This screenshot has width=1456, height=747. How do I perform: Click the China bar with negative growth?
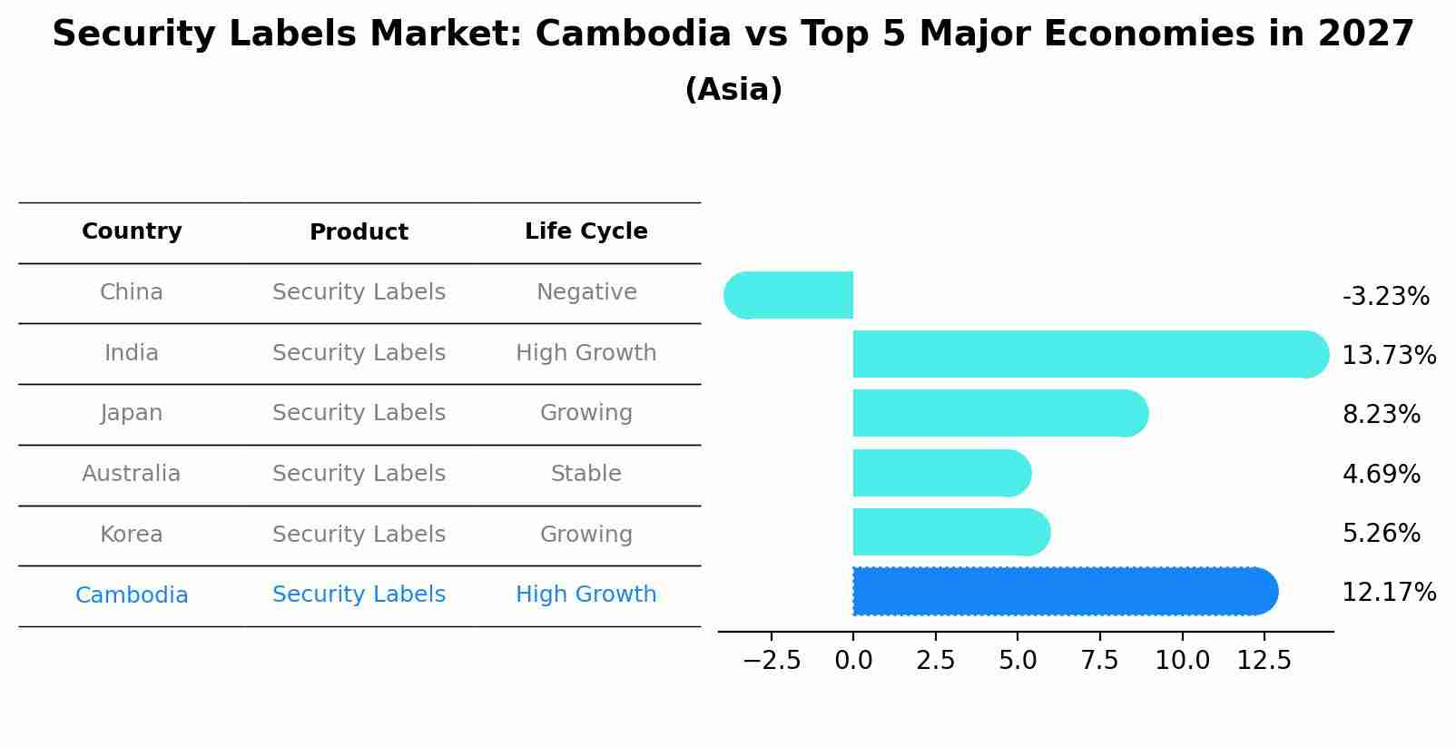click(789, 295)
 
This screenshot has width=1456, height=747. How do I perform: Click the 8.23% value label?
click(1381, 415)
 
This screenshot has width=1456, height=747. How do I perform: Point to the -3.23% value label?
click(1385, 297)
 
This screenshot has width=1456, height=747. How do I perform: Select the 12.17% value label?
click(1389, 593)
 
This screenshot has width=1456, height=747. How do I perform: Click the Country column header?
click(132, 231)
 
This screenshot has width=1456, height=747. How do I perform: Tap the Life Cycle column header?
click(585, 231)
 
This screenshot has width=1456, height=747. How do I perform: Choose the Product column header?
click(359, 232)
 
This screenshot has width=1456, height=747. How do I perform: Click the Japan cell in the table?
click(132, 413)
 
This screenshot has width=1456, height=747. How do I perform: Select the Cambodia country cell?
click(132, 595)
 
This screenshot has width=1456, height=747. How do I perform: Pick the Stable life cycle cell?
click(585, 474)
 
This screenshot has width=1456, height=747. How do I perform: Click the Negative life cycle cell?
click(585, 292)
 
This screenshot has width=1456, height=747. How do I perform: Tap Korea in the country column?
click(132, 535)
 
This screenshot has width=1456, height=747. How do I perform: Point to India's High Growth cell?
click(585, 353)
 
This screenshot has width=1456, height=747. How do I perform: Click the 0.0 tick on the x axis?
click(853, 661)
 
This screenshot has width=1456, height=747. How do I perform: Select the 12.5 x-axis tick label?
click(1264, 661)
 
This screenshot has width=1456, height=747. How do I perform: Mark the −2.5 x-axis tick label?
click(772, 661)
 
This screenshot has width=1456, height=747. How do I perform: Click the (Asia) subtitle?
click(733, 90)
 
